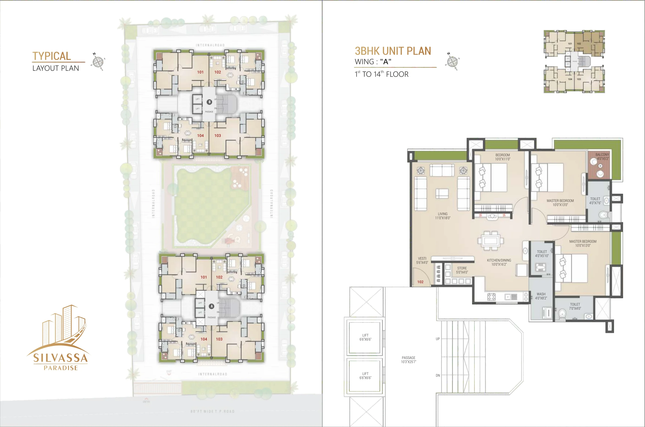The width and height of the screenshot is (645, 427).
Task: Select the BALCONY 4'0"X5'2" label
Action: [602, 157]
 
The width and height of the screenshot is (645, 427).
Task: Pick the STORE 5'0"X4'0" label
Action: [462, 270]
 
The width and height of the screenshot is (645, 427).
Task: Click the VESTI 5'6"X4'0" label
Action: [422, 260]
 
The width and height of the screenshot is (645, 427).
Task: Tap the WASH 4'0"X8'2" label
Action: [541, 296]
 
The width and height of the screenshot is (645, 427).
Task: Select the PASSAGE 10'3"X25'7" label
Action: [409, 360]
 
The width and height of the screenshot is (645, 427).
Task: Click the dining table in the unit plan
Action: [491, 241]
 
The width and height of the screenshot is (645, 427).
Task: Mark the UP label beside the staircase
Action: [438, 339]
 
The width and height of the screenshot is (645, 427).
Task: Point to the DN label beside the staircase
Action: [438, 375]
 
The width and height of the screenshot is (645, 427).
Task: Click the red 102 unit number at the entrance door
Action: [420, 282]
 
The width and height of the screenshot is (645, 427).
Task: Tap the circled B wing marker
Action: [209, 102]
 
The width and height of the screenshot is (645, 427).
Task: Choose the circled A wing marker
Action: [211, 306]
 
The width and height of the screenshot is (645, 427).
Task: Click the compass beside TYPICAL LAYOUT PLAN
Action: [98, 62]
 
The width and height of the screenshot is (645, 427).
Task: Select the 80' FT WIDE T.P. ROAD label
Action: [212, 411]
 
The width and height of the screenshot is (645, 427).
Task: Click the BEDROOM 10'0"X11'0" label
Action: [502, 157]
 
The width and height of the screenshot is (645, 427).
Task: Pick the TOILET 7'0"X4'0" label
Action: [575, 306]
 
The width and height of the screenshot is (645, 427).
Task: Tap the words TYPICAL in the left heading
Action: [52, 56]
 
